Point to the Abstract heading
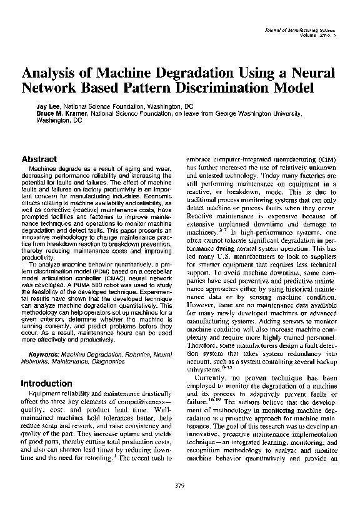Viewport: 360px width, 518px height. pyautogui.click(x=39, y=160)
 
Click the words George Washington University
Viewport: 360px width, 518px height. pyautogui.click(x=266, y=114)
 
